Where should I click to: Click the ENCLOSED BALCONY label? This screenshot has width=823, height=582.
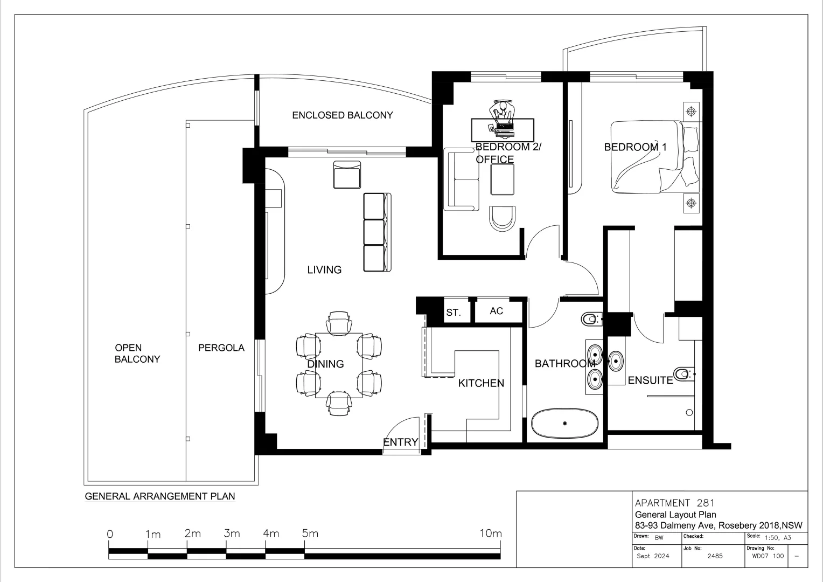tap(343, 115)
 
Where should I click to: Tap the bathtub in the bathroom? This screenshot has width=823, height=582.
tap(564, 423)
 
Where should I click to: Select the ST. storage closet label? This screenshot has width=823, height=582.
tap(454, 313)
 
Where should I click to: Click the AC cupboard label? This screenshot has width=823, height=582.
tap(496, 311)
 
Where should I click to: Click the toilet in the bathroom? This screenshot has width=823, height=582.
tap(591, 319)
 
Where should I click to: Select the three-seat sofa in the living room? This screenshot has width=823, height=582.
tap(378, 232)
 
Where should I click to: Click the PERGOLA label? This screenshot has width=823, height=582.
tap(221, 348)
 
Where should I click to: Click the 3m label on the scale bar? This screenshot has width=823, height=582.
tap(232, 533)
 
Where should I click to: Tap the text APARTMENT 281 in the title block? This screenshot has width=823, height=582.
tap(674, 503)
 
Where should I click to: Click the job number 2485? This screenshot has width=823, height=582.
tap(715, 556)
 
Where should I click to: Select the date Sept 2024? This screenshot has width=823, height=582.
tap(653, 556)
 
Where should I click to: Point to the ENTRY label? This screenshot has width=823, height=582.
tap(401, 442)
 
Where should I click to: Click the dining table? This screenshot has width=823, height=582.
tap(339, 365)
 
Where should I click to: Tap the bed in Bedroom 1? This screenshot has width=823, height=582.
tap(655, 157)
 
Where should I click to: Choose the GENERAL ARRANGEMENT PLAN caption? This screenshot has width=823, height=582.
tap(160, 496)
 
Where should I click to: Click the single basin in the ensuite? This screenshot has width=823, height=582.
tap(616, 362)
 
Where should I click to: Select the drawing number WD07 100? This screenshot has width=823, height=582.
tap(768, 556)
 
